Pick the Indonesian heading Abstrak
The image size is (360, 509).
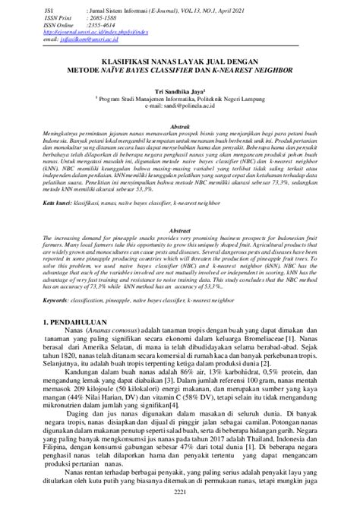(179, 127)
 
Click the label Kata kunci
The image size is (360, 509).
(62, 204)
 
